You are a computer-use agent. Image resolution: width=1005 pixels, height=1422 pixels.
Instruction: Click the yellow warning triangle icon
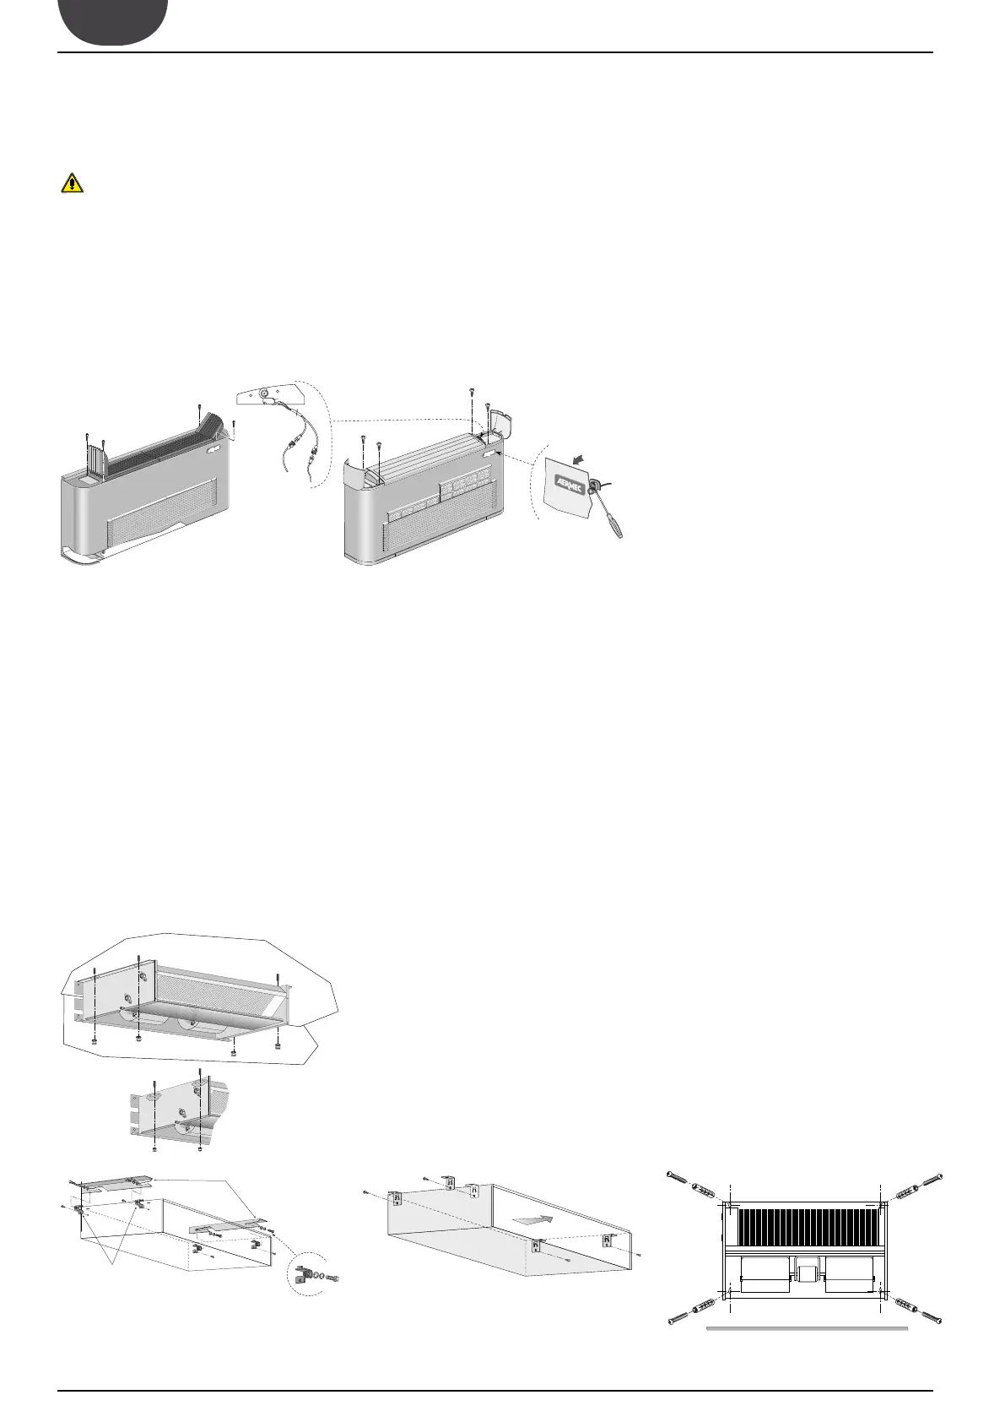pos(66,184)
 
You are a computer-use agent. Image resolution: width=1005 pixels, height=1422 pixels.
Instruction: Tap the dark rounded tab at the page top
pos(112,21)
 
